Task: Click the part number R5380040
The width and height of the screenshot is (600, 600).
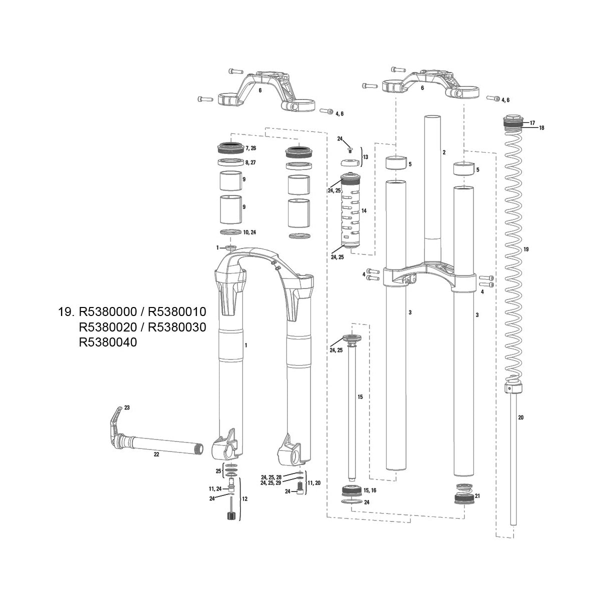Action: click(x=108, y=342)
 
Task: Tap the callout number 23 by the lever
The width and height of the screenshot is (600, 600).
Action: click(x=126, y=408)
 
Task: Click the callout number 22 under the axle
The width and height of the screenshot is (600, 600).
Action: click(x=156, y=454)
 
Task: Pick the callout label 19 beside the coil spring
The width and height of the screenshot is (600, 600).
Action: click(x=525, y=249)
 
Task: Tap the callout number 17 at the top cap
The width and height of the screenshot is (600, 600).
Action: click(x=532, y=122)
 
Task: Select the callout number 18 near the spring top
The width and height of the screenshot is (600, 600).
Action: click(x=541, y=128)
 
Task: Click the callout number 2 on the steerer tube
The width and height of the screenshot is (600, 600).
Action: click(x=443, y=151)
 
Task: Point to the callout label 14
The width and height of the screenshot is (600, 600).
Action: click(x=364, y=211)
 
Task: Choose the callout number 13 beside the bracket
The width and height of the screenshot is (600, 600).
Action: click(x=365, y=157)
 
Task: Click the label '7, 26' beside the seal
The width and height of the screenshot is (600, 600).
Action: click(x=251, y=148)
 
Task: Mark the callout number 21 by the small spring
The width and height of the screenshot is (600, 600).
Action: click(x=477, y=496)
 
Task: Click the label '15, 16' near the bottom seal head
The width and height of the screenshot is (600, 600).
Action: click(x=370, y=491)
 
